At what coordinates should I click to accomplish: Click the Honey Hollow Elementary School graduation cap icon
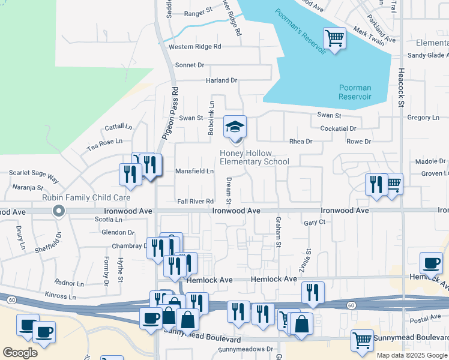235,126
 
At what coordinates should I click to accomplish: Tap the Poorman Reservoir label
355,92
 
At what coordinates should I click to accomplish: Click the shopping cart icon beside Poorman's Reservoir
335,39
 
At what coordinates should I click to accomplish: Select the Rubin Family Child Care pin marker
58,211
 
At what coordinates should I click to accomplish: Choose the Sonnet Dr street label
190,65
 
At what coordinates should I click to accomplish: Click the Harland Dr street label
222,80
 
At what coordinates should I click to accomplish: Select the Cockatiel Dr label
339,128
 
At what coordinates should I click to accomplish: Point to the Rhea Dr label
301,142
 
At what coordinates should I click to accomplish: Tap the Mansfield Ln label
194,171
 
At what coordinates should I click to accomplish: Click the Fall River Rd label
195,201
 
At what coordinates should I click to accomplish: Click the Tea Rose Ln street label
104,142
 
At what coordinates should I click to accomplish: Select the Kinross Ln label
61,296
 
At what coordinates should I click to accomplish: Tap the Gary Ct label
315,222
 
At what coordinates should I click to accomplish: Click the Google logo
20,353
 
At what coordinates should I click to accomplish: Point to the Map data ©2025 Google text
412,355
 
